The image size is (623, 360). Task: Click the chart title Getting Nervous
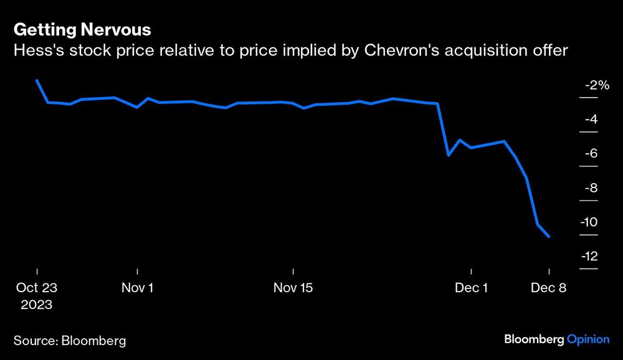82,29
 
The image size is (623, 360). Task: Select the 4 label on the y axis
594,120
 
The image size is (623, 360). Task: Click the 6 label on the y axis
594,154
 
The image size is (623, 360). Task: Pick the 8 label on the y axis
594,188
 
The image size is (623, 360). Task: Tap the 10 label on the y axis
592,222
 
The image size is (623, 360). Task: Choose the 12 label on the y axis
592,257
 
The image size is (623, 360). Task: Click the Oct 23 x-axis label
37,288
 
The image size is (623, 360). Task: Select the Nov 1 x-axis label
137,288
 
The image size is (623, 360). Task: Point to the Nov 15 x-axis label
293,288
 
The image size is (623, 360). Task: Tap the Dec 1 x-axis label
472,288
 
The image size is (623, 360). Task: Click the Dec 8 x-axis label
548,288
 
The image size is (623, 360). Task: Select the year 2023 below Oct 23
37,305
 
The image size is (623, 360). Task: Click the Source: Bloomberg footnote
69,340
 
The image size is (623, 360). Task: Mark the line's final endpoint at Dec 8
549,237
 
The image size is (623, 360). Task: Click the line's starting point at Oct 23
37,80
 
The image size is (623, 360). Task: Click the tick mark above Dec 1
472,272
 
